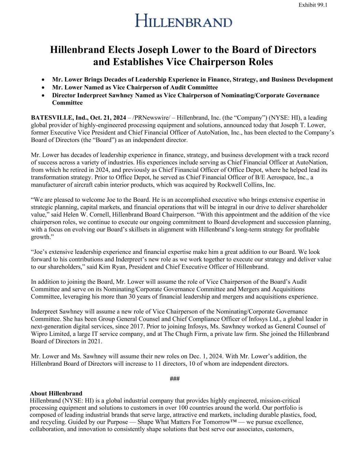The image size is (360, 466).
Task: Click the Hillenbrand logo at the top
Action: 184,20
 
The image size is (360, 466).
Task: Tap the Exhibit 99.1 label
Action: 313,5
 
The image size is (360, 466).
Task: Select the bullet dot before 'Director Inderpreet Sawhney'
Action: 43,95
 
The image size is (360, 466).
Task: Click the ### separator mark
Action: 175,379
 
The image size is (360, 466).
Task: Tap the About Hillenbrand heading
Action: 56,394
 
